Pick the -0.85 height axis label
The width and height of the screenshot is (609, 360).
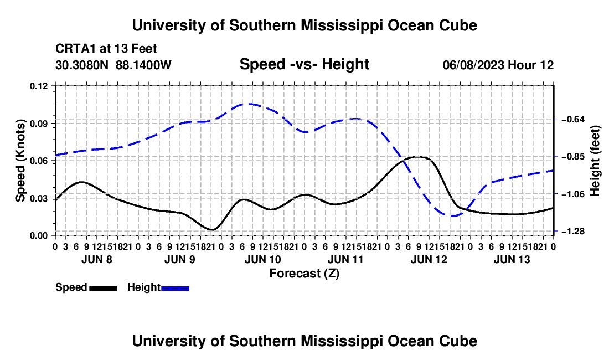tap(573, 157)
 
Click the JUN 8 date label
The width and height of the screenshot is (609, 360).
tap(97, 259)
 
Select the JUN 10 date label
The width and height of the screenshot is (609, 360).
tap(263, 259)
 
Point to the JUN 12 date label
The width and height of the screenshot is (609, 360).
tap(429, 259)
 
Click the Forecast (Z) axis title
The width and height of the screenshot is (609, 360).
tap(304, 274)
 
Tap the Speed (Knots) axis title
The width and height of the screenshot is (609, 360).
tap(20, 161)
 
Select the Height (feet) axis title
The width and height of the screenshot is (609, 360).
tap(595, 161)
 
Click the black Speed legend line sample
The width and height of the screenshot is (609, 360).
tap(104, 288)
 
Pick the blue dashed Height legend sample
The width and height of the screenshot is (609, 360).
tap(175, 288)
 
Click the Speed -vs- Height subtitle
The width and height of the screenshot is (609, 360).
tap(304, 64)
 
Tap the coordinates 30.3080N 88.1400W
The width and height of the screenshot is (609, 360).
tap(113, 65)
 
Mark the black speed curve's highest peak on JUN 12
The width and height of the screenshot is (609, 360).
tap(417, 157)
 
